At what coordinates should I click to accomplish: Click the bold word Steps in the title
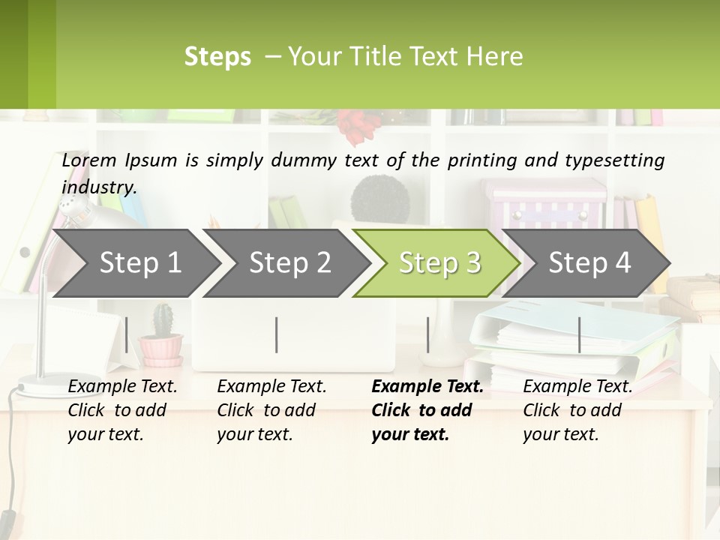point(217,57)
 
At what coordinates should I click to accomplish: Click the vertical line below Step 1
point(127,334)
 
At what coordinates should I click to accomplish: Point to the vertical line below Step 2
point(277,334)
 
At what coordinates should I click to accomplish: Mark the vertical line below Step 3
point(427,334)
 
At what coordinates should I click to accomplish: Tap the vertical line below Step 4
point(579,334)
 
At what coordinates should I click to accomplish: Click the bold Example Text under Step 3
point(427,387)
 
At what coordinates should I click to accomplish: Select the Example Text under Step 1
point(122,387)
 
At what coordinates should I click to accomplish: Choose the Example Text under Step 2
point(271,387)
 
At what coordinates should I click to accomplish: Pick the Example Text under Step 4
point(577,387)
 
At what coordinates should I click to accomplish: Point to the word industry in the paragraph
point(99,187)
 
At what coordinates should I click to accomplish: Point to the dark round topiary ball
point(380,196)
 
